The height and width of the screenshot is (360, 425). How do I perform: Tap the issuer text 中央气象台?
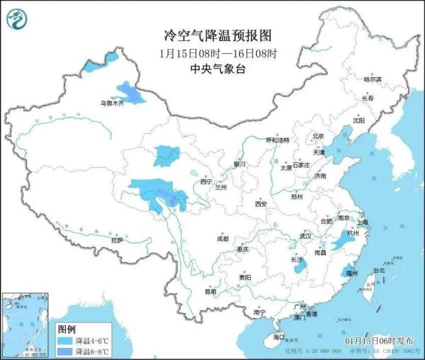coord(212,68)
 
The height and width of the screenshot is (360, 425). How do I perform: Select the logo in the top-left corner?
coord(18,19)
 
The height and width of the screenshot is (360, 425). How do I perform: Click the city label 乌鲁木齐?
coord(111,103)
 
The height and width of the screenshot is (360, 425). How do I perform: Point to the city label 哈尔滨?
coord(372,79)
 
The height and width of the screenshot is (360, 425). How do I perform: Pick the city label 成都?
coord(223,238)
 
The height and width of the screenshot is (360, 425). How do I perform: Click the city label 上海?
coord(363,222)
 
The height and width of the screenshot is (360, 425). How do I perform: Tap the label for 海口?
coord(278,337)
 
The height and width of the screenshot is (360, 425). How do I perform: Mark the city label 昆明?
coord(210,291)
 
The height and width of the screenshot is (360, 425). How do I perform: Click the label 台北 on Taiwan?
coord(379,270)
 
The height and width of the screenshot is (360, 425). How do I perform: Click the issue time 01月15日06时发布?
coord(381,342)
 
